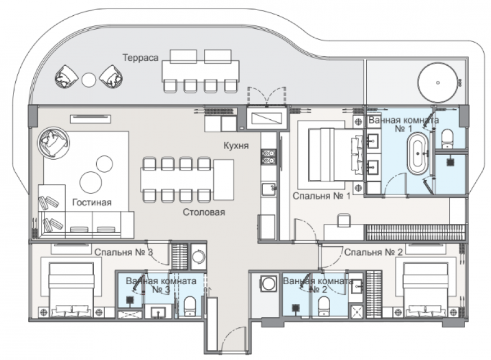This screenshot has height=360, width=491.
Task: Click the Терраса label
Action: [140, 58]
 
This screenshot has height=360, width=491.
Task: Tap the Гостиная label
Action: [92, 202]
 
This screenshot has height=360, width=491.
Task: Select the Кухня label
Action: [236, 146]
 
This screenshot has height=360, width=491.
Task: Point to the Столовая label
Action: [204, 212]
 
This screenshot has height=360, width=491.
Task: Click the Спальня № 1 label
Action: [321, 196]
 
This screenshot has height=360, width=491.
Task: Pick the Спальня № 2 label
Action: [373, 252]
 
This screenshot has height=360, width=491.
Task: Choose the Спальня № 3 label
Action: [124, 252]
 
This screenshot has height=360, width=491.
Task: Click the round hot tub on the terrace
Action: [438, 83]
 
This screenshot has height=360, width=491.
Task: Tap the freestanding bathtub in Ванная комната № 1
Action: [417, 154]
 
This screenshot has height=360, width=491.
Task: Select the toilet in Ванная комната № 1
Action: [447, 139]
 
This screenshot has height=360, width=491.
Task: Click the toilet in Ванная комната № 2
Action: [324, 306]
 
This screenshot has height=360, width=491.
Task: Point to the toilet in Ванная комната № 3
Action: [190, 306]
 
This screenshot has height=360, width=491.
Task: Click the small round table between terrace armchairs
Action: [89, 80]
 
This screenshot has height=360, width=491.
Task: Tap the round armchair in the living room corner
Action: [53, 143]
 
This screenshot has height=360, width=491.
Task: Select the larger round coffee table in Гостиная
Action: [91, 182]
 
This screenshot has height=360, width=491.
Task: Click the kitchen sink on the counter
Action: [269, 189]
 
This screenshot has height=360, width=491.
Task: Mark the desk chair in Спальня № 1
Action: [344, 220]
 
